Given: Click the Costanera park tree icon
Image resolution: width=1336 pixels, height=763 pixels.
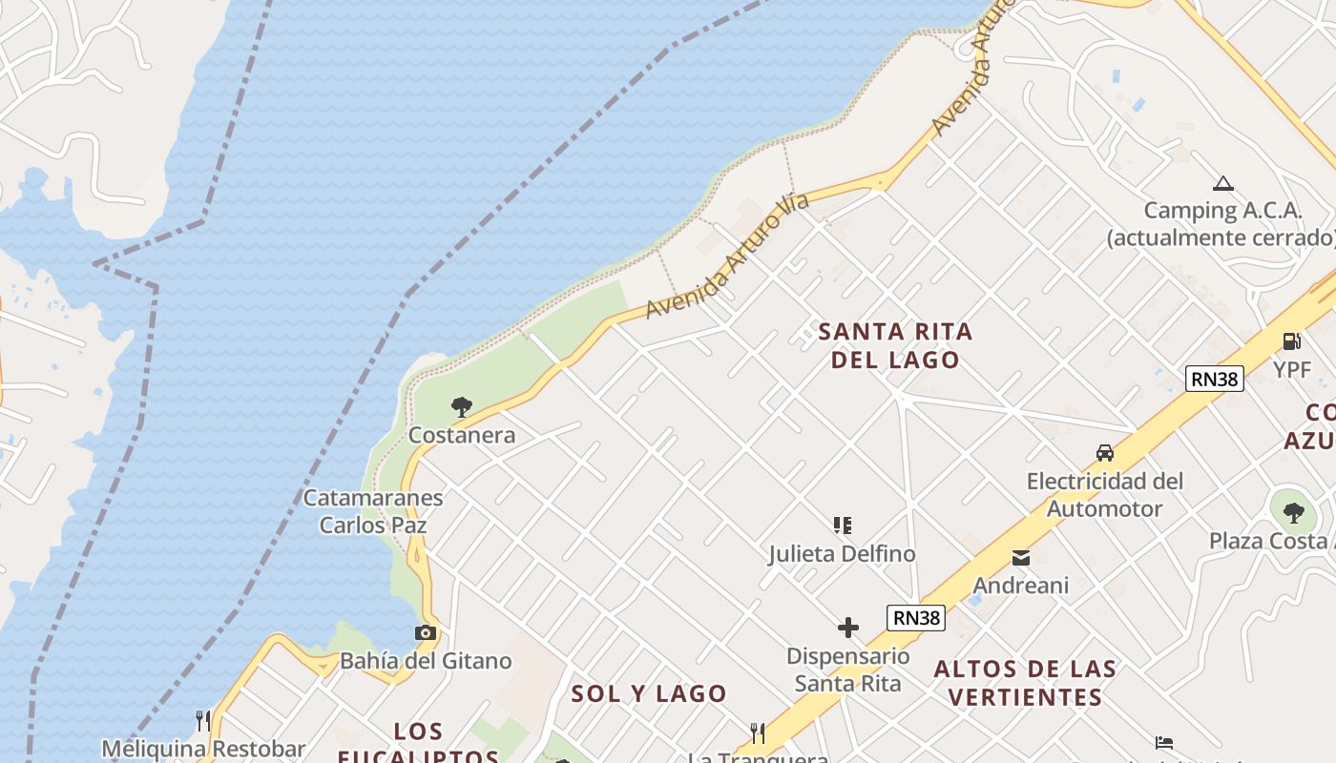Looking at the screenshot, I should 462,408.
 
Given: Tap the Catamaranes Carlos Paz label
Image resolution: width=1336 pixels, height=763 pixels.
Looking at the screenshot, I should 373,511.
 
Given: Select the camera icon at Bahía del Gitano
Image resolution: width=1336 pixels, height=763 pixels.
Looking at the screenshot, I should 426,632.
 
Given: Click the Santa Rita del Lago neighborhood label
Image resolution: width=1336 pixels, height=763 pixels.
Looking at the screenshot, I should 895,345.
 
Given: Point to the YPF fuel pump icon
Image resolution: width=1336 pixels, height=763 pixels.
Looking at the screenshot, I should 1291,340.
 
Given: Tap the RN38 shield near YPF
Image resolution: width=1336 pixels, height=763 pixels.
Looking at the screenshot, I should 1214,379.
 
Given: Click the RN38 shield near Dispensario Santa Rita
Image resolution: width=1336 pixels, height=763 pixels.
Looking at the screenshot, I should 916,617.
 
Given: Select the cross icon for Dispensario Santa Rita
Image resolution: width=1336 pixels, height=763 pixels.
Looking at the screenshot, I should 847,627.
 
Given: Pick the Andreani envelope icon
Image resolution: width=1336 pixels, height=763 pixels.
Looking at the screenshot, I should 1021,558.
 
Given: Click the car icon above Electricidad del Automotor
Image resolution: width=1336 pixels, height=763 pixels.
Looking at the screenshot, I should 1105,453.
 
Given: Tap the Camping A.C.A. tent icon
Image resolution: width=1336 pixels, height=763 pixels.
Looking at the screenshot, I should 1222,184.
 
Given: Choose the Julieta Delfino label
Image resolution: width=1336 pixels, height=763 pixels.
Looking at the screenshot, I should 842,553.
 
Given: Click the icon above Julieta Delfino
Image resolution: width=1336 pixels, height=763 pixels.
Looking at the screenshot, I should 842,525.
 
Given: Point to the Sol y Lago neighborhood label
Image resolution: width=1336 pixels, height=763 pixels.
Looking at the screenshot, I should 649,693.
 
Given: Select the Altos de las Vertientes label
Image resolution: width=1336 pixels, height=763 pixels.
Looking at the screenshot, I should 1025,683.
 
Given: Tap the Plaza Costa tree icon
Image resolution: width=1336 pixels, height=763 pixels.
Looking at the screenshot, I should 1293,513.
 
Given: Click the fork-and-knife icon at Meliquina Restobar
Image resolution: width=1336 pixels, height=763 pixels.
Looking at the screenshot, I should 202,720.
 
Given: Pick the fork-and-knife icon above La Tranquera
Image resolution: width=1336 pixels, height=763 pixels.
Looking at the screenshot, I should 758,732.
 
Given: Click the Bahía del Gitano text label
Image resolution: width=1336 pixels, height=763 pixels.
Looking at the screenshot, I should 426,660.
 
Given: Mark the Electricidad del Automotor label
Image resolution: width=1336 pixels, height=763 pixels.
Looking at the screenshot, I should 1105,495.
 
